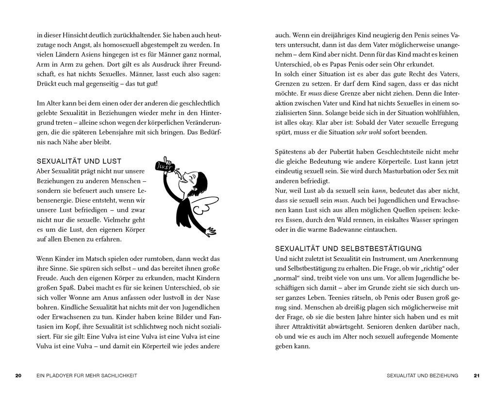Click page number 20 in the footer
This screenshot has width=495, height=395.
click(x=18, y=375)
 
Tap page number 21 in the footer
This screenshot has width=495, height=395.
click(x=476, y=375)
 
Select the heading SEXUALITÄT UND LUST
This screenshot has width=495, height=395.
click(x=79, y=161)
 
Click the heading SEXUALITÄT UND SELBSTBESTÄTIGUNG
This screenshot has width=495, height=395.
click(x=348, y=248)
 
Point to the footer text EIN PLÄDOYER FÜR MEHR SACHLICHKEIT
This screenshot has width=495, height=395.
click(x=87, y=375)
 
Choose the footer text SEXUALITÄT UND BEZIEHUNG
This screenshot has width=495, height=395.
click(x=423, y=375)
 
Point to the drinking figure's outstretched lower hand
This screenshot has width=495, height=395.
click(x=211, y=229)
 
